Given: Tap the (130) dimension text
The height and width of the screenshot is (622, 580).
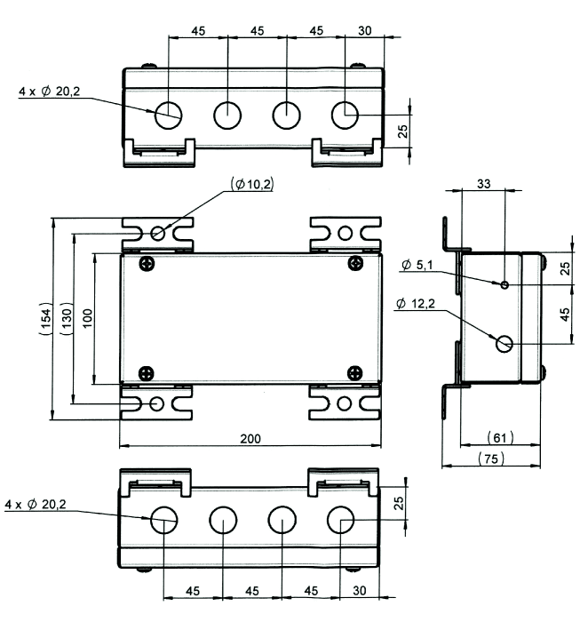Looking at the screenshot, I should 71,318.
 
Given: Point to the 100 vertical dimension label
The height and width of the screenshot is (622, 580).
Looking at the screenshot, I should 87,318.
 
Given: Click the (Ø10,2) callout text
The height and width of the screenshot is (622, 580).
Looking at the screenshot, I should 251,184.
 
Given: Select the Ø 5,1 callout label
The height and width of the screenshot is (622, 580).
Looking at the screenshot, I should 418,266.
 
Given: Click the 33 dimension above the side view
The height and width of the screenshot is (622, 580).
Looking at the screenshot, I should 484,184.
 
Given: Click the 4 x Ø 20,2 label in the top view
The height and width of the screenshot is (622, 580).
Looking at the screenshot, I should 45,91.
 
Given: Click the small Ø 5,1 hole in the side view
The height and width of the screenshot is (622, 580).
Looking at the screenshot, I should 505,284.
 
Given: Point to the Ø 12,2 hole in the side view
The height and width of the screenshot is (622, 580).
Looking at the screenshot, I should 505,343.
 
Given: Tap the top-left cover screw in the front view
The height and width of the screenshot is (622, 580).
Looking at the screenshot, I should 146,262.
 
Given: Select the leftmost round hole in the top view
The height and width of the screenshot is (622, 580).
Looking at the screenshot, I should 169,115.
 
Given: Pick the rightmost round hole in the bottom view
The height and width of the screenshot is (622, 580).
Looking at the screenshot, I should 340,521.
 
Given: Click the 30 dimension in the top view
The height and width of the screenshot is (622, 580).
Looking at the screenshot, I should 364,30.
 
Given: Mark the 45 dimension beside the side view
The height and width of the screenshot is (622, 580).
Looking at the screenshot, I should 566,315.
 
